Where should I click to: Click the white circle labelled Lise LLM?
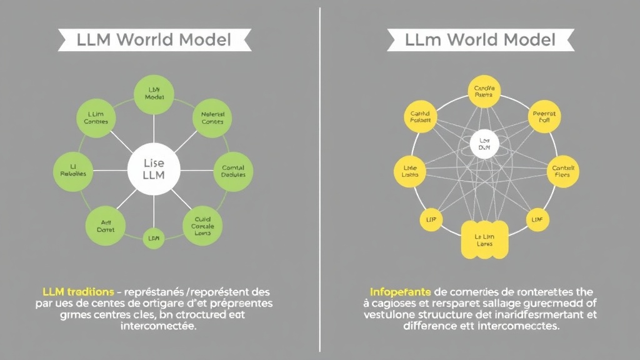[x=154, y=169]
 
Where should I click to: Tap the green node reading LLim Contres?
[x=96, y=117]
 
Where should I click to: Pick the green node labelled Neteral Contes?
[x=212, y=118]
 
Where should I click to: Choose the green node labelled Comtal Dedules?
[x=233, y=171]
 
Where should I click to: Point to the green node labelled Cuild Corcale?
[x=202, y=224]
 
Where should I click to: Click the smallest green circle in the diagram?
[x=153, y=238]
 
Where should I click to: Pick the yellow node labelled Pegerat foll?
[x=544, y=117]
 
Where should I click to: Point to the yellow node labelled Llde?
[x=410, y=171]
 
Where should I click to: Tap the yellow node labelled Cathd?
[x=420, y=117]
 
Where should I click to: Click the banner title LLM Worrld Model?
[x=154, y=40]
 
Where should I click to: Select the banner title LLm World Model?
[x=480, y=40]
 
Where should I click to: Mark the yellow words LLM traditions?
[x=77, y=292]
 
